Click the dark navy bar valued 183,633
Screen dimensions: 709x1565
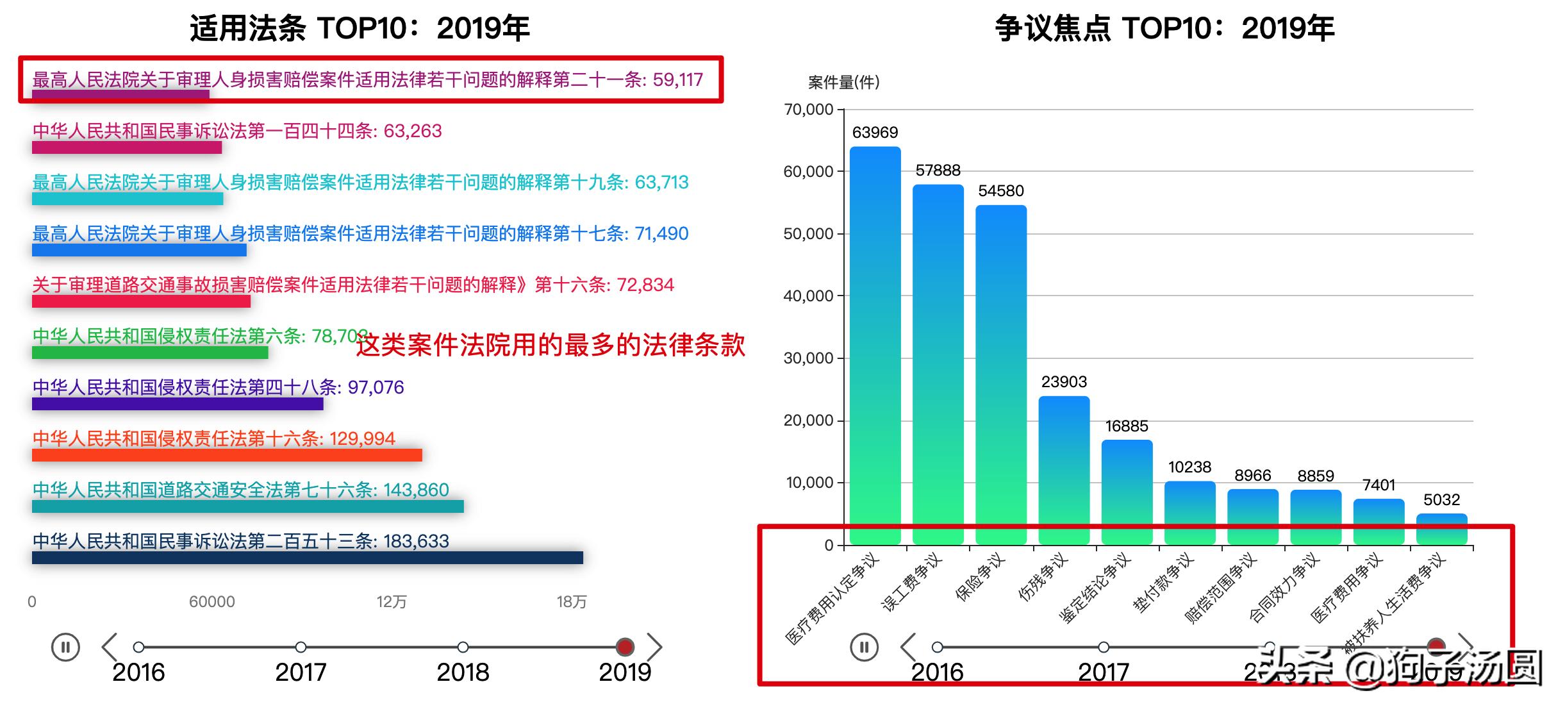(x=308, y=558)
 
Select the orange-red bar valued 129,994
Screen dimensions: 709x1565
(x=227, y=455)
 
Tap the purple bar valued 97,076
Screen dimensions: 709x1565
(x=178, y=404)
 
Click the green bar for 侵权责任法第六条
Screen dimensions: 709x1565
(x=150, y=353)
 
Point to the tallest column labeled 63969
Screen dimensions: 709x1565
(x=875, y=346)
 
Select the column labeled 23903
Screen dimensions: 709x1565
(x=1064, y=471)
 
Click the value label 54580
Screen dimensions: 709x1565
(x=1001, y=191)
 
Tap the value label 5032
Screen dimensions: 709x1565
(x=1441, y=500)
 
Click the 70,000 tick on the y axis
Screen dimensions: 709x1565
(x=809, y=110)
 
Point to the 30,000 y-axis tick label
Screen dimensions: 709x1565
(x=809, y=358)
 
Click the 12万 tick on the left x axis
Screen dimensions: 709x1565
(x=392, y=602)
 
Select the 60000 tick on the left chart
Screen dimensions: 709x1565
(x=211, y=602)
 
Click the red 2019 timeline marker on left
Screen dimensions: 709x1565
(x=625, y=647)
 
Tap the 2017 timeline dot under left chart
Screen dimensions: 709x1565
(x=301, y=647)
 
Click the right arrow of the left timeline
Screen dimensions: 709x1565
(x=654, y=647)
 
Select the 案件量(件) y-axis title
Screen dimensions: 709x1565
(x=843, y=83)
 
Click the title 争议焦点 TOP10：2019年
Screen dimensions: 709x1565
(x=1164, y=29)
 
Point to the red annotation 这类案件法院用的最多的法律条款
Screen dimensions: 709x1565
(x=551, y=345)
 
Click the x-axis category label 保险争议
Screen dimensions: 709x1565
(x=980, y=578)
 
